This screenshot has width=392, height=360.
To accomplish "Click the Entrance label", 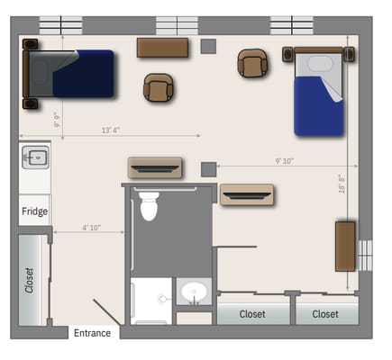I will [x=93, y=333].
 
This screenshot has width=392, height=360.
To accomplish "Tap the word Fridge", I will [x=35, y=212].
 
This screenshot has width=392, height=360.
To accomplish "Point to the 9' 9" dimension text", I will [x=57, y=120].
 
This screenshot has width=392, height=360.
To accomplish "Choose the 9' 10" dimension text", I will [x=285, y=161].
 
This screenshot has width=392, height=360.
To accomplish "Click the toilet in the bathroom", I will [x=150, y=205].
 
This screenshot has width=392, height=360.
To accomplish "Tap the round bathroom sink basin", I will [x=193, y=292].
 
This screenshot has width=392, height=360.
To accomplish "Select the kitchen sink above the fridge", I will [x=34, y=158].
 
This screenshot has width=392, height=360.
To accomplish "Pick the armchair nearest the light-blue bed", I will [x=252, y=63].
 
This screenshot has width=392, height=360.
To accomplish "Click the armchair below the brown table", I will [x=159, y=87].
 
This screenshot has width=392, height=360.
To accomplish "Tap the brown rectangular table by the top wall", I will [x=162, y=47].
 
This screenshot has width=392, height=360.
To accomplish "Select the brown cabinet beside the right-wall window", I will [x=345, y=245].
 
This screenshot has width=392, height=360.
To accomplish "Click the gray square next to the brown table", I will [x=209, y=46].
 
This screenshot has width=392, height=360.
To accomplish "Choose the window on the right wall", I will [x=365, y=255].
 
